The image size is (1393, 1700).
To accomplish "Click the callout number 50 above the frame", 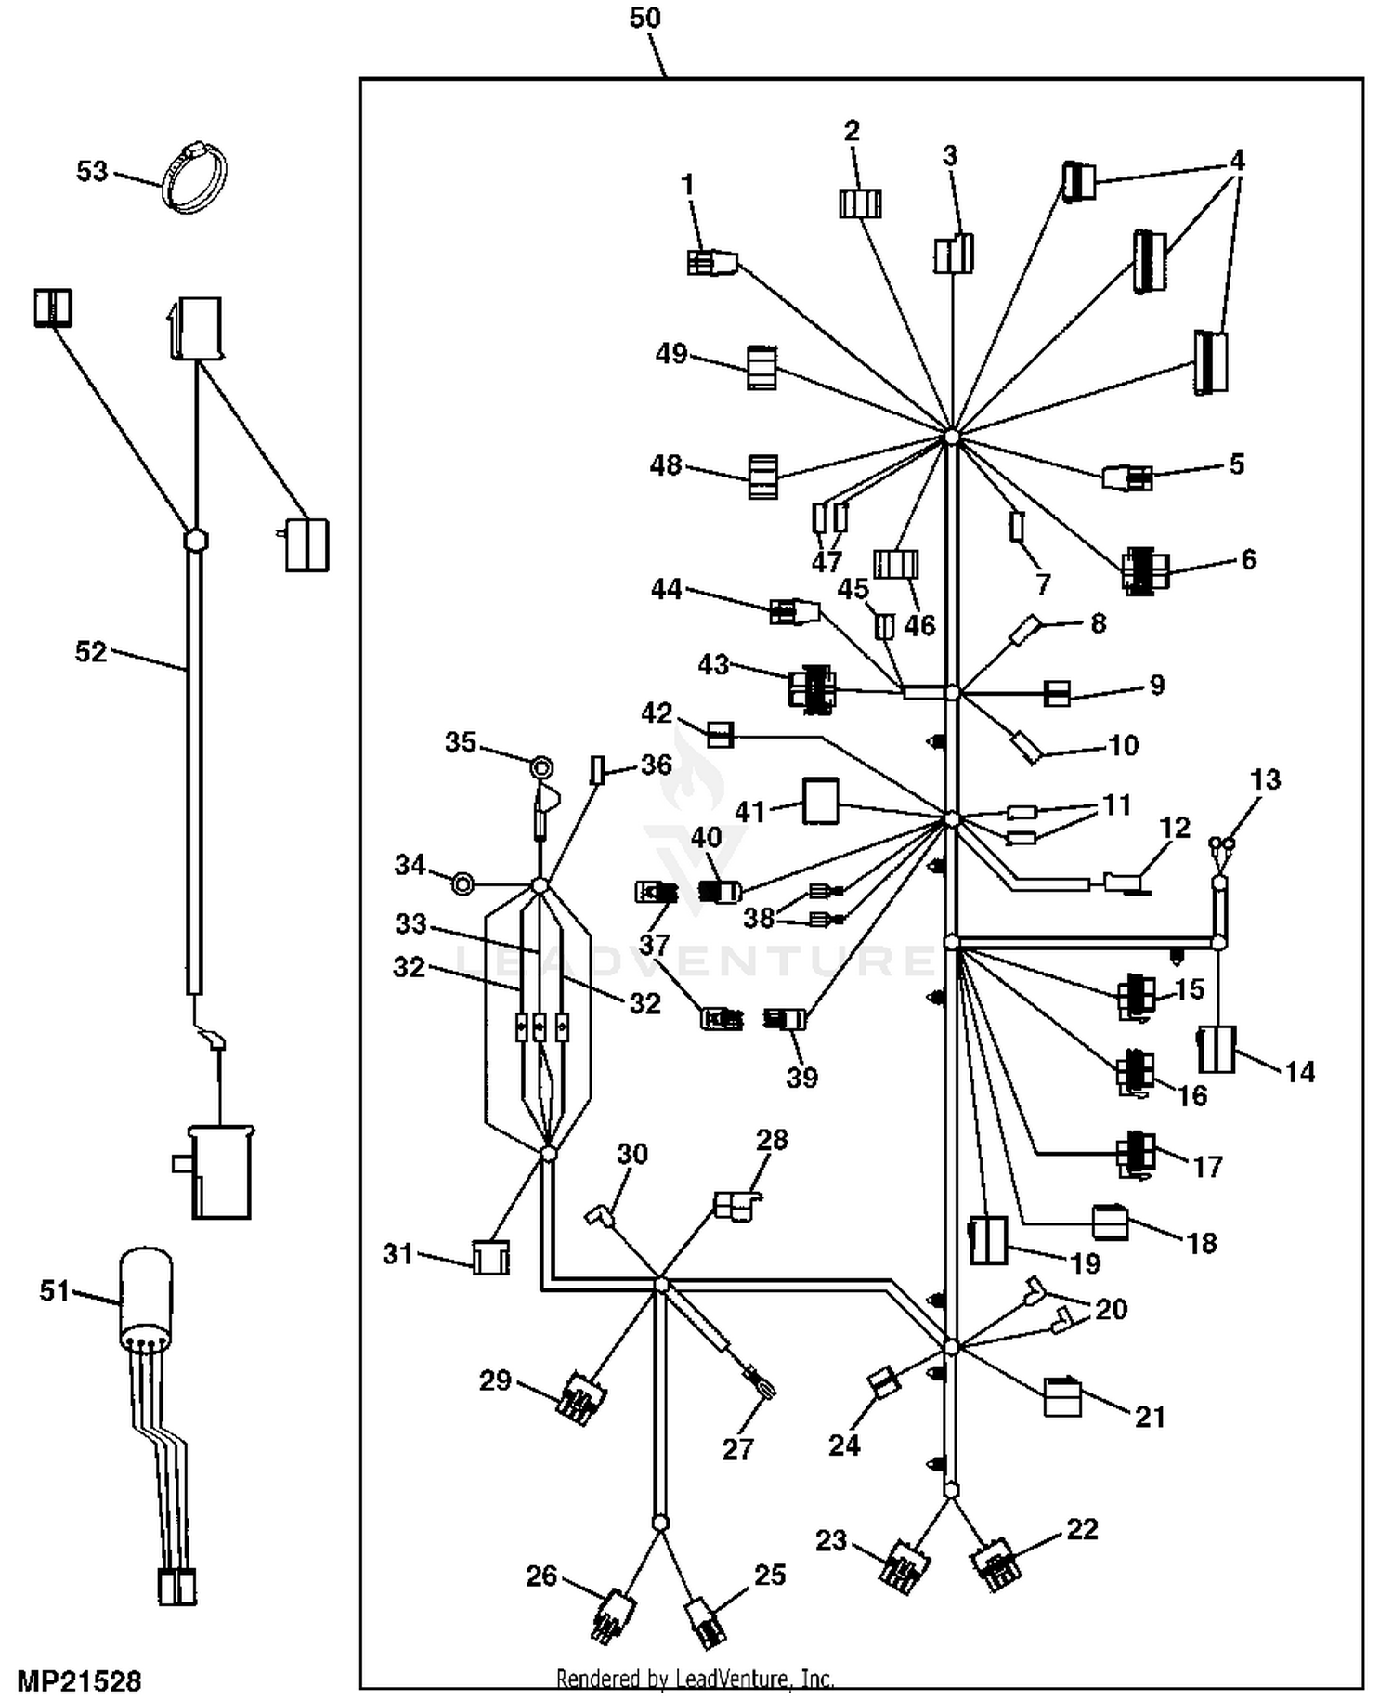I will (x=644, y=18).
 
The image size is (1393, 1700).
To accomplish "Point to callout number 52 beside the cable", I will (x=91, y=652).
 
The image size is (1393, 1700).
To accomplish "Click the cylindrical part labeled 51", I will (x=147, y=1296).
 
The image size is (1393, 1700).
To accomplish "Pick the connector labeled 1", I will (x=711, y=263).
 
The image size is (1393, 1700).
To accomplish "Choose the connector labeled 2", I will (x=860, y=203).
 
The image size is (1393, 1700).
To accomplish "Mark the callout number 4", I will (x=1237, y=160).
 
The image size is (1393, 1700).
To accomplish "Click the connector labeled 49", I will (x=762, y=368).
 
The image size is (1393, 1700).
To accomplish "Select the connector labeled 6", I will (x=1144, y=570).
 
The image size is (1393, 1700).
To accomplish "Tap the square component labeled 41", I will (x=821, y=802).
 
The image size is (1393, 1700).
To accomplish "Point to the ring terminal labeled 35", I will (x=540, y=767).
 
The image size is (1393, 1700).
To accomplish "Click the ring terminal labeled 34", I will (x=462, y=883).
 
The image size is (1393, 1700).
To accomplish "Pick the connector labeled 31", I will (x=490, y=1257).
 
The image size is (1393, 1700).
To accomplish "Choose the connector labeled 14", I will (x=1217, y=1049).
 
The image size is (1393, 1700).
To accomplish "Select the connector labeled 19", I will (x=988, y=1240).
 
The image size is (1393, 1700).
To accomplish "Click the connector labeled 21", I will (x=1062, y=1396).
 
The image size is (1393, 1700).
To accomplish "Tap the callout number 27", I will (x=737, y=1449).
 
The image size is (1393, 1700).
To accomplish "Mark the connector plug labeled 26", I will (x=613, y=1617).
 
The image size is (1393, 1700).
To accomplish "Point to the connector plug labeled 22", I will (x=996, y=1564).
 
